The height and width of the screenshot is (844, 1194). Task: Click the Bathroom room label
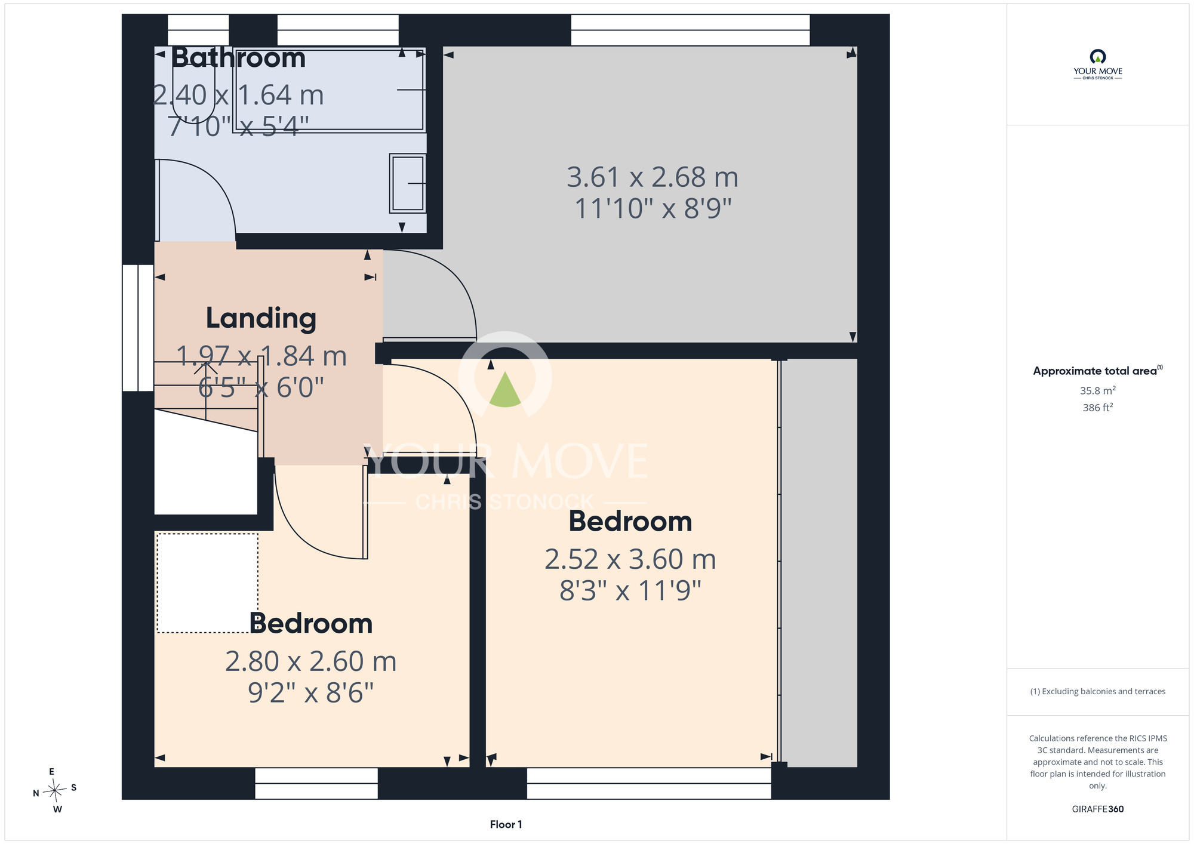(x=239, y=58)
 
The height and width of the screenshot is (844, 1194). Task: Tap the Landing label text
(x=261, y=318)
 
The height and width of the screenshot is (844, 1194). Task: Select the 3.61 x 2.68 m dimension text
(x=653, y=177)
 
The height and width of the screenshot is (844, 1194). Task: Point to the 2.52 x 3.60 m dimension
(x=630, y=559)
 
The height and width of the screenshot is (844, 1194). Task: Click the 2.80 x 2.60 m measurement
(x=311, y=661)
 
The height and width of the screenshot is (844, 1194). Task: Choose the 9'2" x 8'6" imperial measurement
(x=311, y=693)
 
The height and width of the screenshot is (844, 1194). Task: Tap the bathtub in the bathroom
(x=329, y=90)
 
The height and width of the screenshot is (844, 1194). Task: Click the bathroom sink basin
(x=408, y=183)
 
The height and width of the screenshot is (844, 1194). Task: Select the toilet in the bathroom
(x=193, y=90)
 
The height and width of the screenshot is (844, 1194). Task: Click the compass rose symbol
(x=55, y=791)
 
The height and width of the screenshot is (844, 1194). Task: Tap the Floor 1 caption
(x=506, y=824)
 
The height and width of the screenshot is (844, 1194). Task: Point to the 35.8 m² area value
(x=1098, y=390)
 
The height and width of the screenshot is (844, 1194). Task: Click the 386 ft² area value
(x=1098, y=408)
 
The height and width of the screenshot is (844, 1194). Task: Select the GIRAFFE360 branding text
(x=1098, y=809)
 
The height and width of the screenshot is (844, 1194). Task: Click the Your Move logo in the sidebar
(x=1098, y=64)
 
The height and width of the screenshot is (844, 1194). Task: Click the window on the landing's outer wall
(x=138, y=328)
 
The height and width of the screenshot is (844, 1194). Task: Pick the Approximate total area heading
(x=1098, y=371)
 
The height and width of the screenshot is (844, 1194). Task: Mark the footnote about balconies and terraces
(x=1098, y=691)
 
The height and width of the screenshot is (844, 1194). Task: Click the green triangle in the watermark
(x=505, y=391)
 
